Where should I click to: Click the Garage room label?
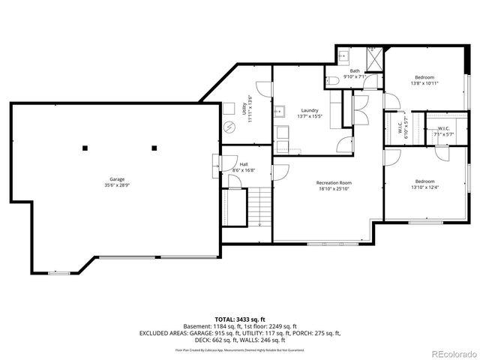point(117,179)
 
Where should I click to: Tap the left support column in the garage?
point(85,147)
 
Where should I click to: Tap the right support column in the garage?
point(154,147)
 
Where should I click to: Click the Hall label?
point(244,164)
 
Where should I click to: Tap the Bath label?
point(354,71)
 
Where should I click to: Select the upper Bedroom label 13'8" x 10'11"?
point(424,77)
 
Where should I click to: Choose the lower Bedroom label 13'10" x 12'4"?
point(424,181)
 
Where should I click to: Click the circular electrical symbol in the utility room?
point(230,126)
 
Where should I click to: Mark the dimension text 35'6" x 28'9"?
point(117,184)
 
